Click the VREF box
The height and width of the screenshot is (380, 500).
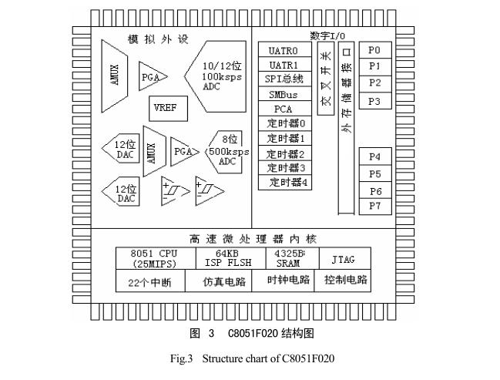pyautogui.click(x=165, y=108)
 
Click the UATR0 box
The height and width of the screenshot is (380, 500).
pyautogui.click(x=284, y=51)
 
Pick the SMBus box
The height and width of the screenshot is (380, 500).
pyautogui.click(x=284, y=95)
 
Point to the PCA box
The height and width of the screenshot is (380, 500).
pyautogui.click(x=284, y=109)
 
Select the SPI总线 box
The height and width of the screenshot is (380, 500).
pyautogui.click(x=284, y=80)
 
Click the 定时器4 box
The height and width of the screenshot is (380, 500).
pyautogui.click(x=287, y=183)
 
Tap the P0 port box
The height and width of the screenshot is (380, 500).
pyautogui.click(x=374, y=50)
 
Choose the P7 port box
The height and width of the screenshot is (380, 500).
pyautogui.click(x=374, y=207)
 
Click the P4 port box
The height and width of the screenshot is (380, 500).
pyautogui.click(x=374, y=157)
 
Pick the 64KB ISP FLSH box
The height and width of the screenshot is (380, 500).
pyautogui.click(x=226, y=257)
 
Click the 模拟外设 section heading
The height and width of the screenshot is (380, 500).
pyautogui.click(x=158, y=39)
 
